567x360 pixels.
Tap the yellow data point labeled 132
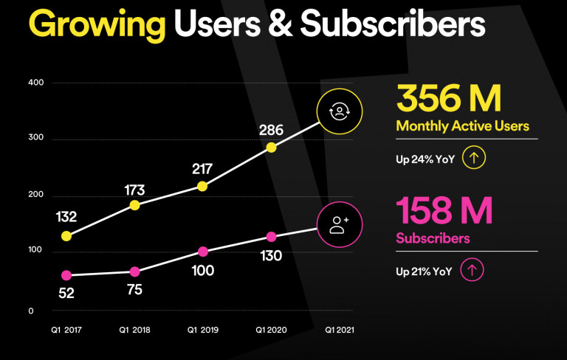point(66,236)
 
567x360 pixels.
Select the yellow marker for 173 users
point(134,205)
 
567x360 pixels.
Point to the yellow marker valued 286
point(271,148)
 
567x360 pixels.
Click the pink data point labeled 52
point(66,275)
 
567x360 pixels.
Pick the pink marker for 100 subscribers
point(203,252)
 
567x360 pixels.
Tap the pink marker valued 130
point(271,237)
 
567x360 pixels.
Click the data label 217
point(203,168)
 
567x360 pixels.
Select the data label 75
point(134,288)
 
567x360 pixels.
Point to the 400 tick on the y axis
point(36,83)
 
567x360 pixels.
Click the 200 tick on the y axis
point(36,195)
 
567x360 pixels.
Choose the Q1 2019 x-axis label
point(203,330)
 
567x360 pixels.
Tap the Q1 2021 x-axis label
point(340,330)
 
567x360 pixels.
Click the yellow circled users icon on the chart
point(339,111)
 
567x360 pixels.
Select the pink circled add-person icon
point(339,224)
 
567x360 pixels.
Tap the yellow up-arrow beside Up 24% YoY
point(472,157)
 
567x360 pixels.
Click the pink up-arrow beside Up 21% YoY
point(472,270)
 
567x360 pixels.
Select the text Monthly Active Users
point(463,126)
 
